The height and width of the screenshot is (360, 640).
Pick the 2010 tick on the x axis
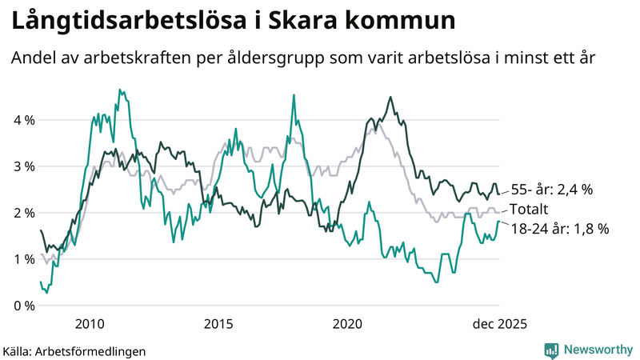click(x=90, y=323)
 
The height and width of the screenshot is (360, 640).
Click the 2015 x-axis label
click(x=218, y=323)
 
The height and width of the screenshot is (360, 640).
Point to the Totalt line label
click(x=530, y=210)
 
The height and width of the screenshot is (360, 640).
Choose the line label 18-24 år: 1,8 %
click(x=559, y=228)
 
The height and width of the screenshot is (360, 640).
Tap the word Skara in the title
click(x=307, y=22)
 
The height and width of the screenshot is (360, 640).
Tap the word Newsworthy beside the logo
click(x=597, y=350)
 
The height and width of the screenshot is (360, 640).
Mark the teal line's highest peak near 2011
click(x=119, y=90)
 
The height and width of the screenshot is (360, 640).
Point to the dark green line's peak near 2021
click(x=390, y=98)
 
